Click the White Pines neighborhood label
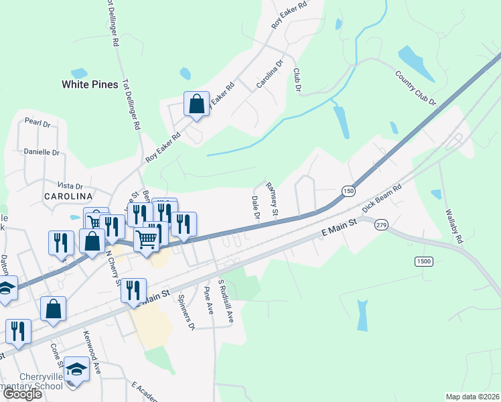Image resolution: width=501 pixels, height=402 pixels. click(x=90, y=84)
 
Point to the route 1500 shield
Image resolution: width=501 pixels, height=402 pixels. click(x=423, y=261)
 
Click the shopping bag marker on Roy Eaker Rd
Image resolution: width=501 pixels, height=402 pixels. click(x=196, y=105)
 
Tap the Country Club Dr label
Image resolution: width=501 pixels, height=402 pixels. click(x=415, y=88)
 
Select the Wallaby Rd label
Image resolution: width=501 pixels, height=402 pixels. click(x=453, y=224)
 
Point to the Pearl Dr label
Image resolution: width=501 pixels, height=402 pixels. click(x=38, y=123)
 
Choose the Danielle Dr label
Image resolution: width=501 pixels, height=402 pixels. click(x=42, y=152)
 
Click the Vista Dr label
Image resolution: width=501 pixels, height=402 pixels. click(x=70, y=186)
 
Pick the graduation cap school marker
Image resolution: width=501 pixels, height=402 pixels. click(x=77, y=369)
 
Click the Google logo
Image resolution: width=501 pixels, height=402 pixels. click(x=22, y=395)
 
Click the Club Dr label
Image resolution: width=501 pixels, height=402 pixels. click(x=295, y=79)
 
